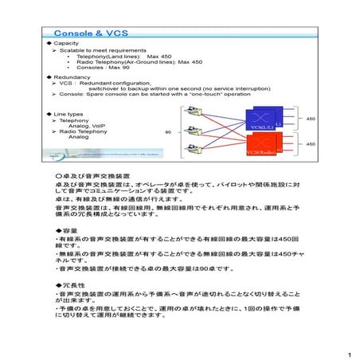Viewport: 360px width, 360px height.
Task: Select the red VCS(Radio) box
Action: [x=263, y=146]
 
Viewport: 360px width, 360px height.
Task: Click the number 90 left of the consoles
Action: [x=168, y=131]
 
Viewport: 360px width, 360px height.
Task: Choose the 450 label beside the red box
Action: [x=310, y=144]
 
